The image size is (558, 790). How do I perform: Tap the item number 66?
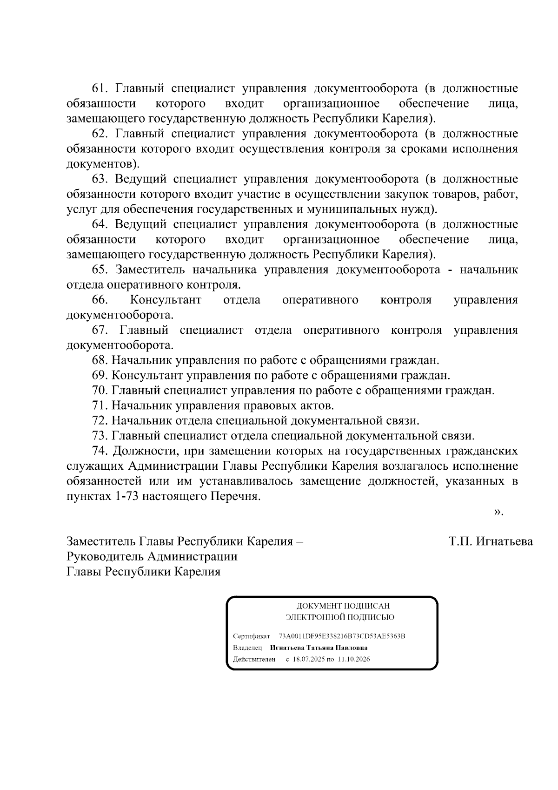(x=100, y=300)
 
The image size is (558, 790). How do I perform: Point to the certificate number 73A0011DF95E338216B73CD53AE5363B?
(x=342, y=636)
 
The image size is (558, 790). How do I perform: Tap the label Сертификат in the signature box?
(x=251, y=636)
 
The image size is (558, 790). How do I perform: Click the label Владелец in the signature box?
(x=247, y=648)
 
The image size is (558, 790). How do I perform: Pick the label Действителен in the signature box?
(x=254, y=659)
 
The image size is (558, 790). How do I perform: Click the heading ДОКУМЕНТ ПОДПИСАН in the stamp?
(x=343, y=606)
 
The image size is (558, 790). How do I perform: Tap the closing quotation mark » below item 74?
(x=498, y=512)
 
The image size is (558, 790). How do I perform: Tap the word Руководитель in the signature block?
(x=106, y=556)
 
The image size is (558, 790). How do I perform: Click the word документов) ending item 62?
(x=103, y=164)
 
